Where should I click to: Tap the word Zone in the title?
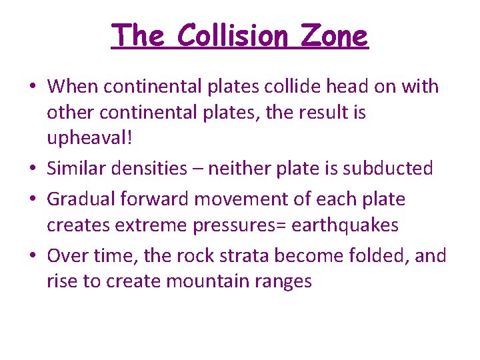pos(334,35)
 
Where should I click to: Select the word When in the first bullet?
pos(75,86)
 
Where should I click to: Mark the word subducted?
pos(388,169)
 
